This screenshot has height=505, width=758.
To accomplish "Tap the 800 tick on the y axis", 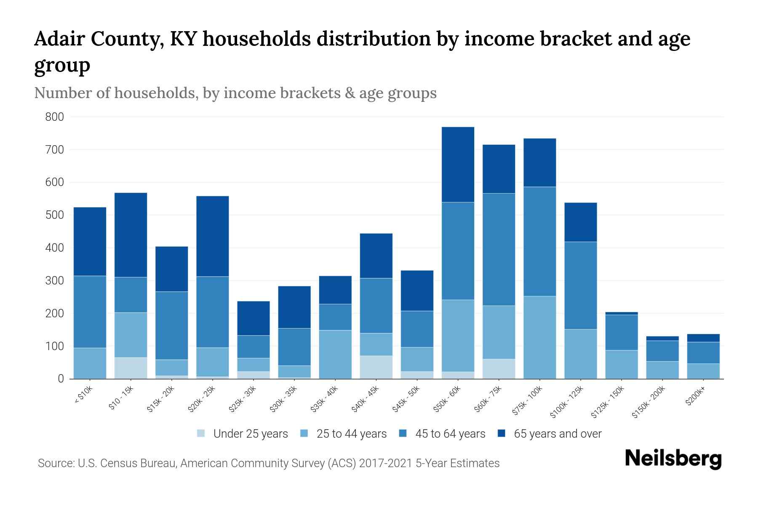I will [x=55, y=117].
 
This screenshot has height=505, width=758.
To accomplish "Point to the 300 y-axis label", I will [x=55, y=281].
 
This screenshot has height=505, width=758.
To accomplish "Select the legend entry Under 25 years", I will [x=250, y=434].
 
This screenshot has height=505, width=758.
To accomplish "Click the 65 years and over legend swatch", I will [x=501, y=433].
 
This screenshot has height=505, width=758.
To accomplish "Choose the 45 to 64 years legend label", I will [x=450, y=434].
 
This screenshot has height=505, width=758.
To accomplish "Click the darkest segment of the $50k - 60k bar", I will [x=458, y=165].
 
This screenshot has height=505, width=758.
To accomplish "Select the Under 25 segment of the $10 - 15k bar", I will [x=131, y=368].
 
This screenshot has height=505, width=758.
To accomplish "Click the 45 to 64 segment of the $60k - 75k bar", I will [x=499, y=250].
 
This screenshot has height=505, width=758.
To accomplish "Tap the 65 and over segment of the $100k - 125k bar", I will [x=580, y=222].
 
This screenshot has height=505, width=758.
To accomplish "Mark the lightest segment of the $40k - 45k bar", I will [x=376, y=367].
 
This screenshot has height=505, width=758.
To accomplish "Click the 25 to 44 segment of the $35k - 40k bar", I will [x=335, y=354].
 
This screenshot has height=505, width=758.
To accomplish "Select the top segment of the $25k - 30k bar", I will [x=254, y=318].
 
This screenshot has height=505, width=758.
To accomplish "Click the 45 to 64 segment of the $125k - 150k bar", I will [x=621, y=332].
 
